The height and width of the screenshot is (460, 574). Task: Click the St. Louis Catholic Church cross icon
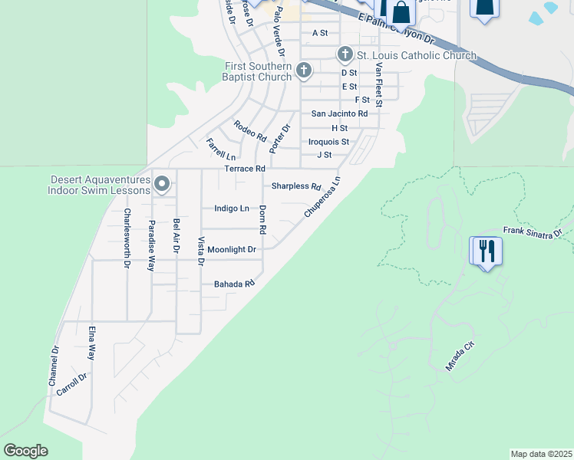click(345, 54)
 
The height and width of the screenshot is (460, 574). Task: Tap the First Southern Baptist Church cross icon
click(303, 71)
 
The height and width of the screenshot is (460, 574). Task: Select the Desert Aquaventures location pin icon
click(162, 184)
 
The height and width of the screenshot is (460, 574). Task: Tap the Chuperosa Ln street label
click(322, 199)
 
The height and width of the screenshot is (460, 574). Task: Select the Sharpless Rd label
click(296, 186)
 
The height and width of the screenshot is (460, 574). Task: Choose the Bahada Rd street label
click(234, 284)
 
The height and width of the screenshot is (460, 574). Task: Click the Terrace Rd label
click(244, 169)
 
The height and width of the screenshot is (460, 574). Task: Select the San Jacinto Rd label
click(339, 113)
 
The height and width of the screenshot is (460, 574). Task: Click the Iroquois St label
click(328, 142)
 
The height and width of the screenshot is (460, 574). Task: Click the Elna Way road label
click(91, 342)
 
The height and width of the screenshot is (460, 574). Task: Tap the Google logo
click(26, 451)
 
